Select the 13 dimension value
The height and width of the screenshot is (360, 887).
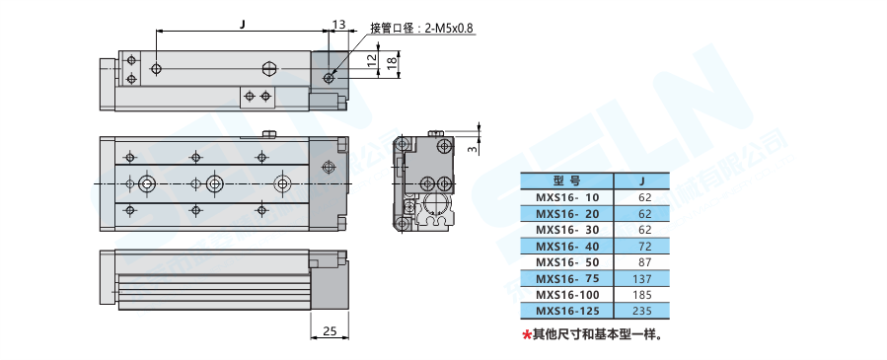338,25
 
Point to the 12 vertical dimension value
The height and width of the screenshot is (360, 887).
371,61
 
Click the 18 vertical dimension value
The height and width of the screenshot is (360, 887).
391,63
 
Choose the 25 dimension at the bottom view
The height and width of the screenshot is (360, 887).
330,330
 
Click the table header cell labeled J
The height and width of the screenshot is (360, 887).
641,181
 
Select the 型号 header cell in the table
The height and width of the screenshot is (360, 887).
566,181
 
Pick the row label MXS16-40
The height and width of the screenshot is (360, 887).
566,247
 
